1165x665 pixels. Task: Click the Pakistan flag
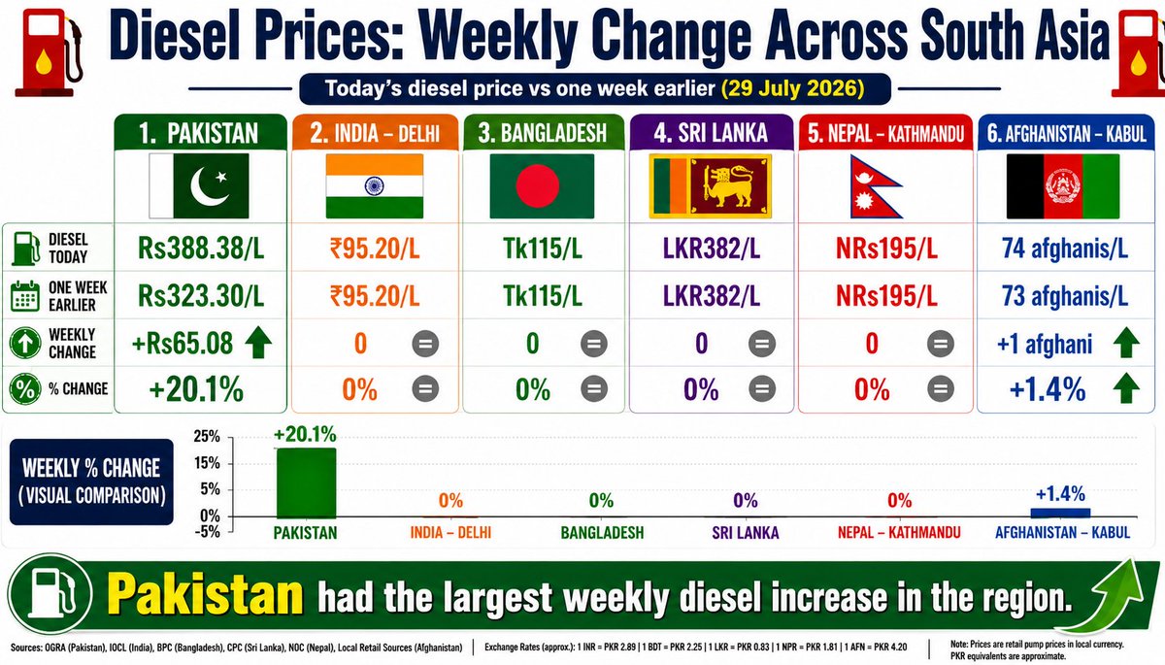pos(199,185)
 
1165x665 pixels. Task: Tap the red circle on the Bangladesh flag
pos(537,185)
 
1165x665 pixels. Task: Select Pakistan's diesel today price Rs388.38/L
pos(201,248)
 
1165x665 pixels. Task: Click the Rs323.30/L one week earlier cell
pos(201,296)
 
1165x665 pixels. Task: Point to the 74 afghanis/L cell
pos(1065,248)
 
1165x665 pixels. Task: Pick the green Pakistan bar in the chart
pos(306,482)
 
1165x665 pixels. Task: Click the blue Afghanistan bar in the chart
pos(1060,514)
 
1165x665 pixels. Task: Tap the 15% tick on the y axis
pos(207,463)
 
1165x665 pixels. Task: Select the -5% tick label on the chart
pos(207,531)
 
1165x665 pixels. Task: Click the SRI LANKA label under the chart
pos(746,532)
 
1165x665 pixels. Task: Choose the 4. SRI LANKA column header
pos(711,133)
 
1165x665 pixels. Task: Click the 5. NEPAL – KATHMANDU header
pos(885,133)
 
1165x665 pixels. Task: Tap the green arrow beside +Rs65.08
pos(258,342)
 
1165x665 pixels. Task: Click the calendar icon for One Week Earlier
pos(25,296)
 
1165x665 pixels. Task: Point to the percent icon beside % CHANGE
pos(25,389)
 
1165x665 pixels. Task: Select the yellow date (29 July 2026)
pos(793,88)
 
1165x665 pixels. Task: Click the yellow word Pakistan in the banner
pos(205,595)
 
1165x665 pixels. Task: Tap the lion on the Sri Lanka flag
pos(729,186)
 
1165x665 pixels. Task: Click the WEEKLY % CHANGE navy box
pos(91,482)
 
